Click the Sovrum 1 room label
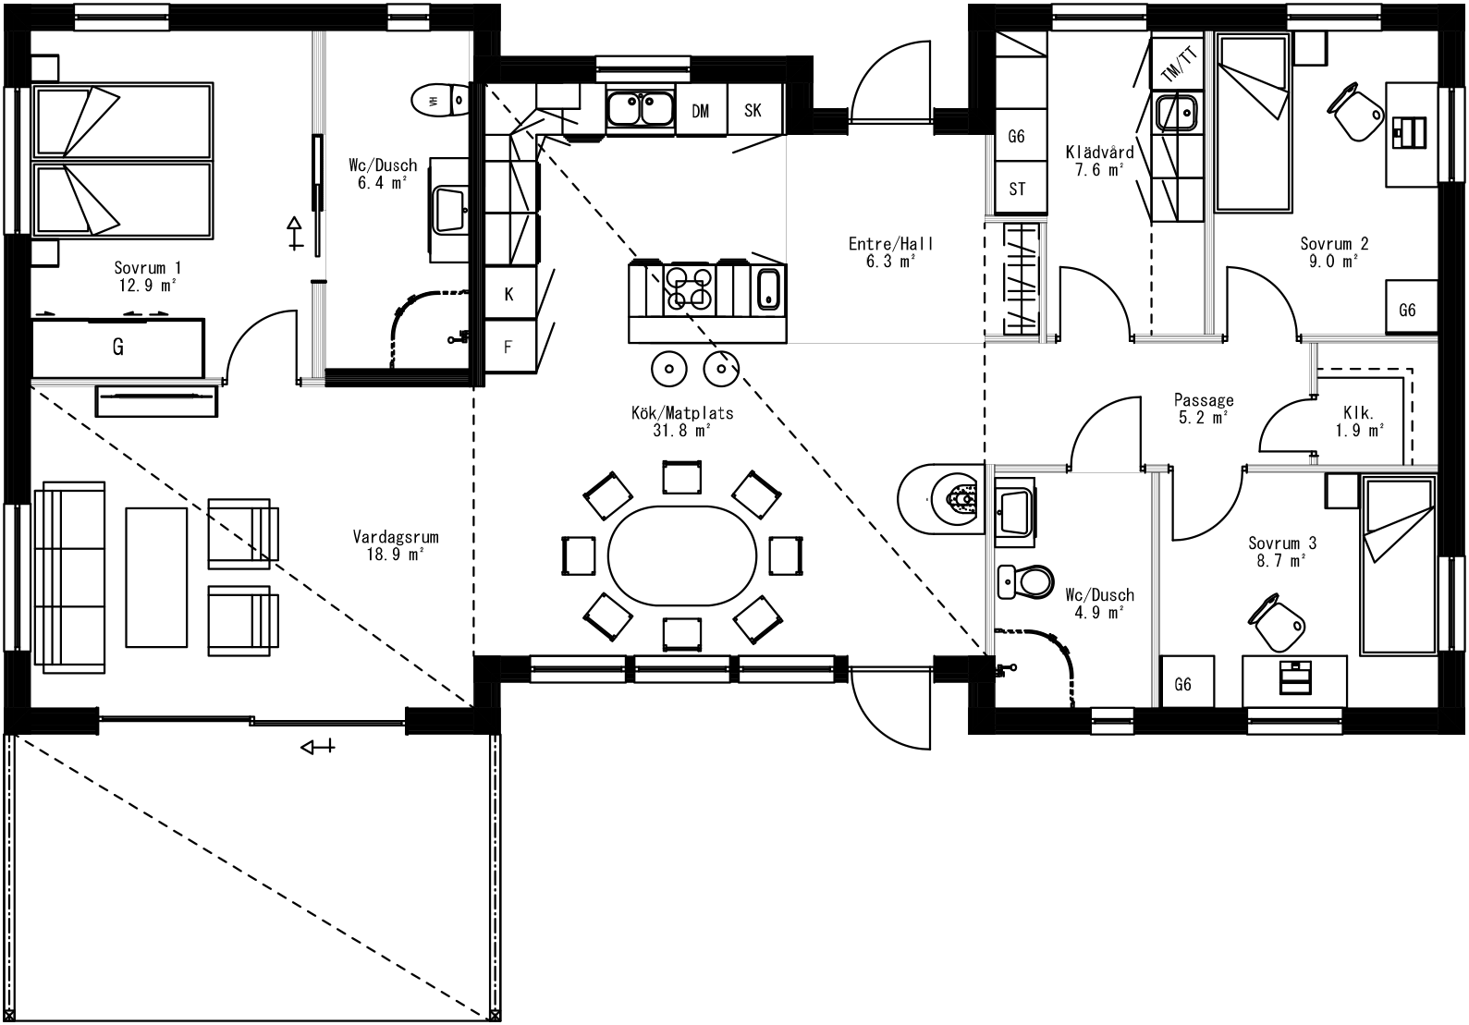pos(147,276)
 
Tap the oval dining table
pos(682,555)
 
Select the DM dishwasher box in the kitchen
pos(701,111)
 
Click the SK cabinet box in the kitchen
pos(753,110)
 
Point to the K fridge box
pos(509,295)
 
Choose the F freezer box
pos(508,348)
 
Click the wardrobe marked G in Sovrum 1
pos(117,348)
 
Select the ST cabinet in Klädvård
pos(1017,189)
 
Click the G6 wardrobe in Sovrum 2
pos(1407,310)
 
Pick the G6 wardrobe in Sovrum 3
pos(1182,685)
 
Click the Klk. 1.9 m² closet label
pos(1359,421)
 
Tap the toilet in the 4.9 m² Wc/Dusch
pos(1026,581)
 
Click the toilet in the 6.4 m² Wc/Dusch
pos(442,100)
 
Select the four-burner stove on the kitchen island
pos(690,287)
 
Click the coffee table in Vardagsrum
pos(156,576)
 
